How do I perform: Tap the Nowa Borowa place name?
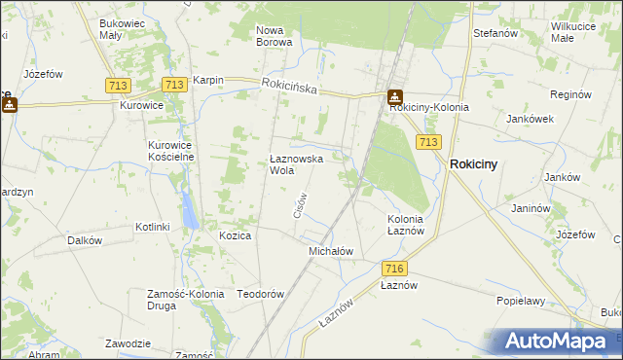pos(274,36)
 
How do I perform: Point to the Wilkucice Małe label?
pos(575,32)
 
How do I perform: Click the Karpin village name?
pos(208,81)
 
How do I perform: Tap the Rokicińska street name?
pos(290,87)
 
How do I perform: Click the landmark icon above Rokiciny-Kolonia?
pos(394,97)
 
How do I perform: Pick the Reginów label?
pos(570,95)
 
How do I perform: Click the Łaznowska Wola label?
pos(296,163)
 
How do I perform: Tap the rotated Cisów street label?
pos(301,203)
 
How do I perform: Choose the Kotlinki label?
pos(153,227)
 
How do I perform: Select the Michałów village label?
pos(330,251)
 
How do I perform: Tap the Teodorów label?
pos(260,294)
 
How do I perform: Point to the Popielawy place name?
pos(520,302)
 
